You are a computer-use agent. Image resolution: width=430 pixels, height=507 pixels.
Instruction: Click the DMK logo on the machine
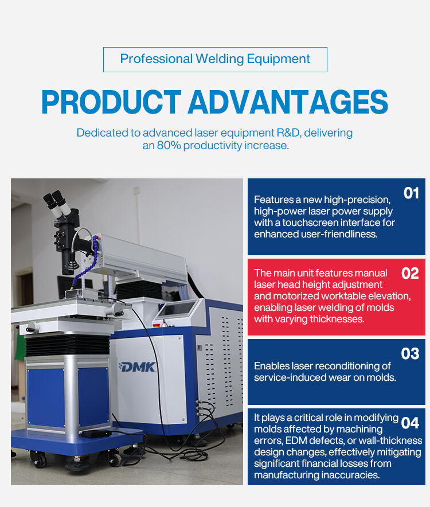[138, 367]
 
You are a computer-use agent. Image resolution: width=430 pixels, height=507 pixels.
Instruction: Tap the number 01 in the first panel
[411, 193]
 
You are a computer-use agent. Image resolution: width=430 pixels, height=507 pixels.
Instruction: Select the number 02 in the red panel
[410, 274]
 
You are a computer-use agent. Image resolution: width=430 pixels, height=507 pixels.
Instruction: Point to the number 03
[410, 354]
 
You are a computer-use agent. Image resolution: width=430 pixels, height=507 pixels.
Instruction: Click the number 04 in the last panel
[410, 423]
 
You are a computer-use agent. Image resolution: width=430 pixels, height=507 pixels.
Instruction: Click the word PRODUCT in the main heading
[111, 102]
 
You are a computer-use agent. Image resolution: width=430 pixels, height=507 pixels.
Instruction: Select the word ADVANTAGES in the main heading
[288, 102]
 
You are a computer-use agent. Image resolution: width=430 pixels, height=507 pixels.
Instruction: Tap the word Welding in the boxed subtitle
[220, 59]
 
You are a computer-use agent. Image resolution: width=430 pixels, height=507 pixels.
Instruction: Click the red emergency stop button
[158, 324]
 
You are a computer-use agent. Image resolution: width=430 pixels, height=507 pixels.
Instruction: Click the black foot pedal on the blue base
[96, 434]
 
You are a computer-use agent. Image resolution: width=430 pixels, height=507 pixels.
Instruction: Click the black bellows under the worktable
[68, 345]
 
